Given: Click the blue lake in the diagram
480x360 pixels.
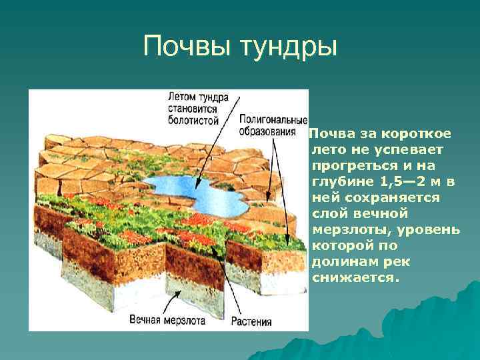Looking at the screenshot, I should [193, 190].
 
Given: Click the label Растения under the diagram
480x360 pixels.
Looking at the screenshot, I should [251, 321].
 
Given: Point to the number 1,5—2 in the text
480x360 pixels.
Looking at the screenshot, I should [397, 183].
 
